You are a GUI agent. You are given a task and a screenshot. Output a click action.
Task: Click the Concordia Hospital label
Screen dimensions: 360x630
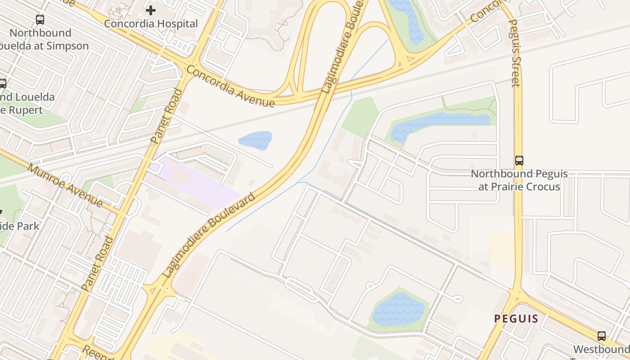(151, 23)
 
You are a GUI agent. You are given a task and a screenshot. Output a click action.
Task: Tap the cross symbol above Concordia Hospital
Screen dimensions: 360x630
(151, 10)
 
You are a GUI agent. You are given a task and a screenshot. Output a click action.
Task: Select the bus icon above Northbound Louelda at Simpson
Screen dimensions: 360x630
(40, 20)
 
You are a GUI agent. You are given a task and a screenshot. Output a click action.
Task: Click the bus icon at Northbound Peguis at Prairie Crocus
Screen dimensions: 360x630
(519, 161)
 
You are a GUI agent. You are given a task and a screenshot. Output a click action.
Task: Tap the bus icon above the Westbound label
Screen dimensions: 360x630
(602, 336)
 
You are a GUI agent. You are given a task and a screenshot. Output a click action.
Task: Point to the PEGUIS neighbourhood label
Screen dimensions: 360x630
(516, 319)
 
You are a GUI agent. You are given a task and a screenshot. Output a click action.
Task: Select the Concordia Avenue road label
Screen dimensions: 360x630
(230, 86)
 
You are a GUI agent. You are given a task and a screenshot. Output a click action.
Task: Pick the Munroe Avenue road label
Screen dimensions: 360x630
(65, 185)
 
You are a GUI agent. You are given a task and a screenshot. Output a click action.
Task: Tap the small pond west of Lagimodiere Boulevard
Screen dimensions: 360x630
(255, 140)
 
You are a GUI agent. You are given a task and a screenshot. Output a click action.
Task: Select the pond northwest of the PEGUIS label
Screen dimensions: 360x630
(398, 309)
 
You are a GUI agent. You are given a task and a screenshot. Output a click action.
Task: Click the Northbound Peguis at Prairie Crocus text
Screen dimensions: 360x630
(519, 180)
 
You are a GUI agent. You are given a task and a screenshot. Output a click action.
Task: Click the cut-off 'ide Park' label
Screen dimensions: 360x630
(20, 226)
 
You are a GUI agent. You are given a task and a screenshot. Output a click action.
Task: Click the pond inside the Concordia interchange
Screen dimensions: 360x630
(408, 20)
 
